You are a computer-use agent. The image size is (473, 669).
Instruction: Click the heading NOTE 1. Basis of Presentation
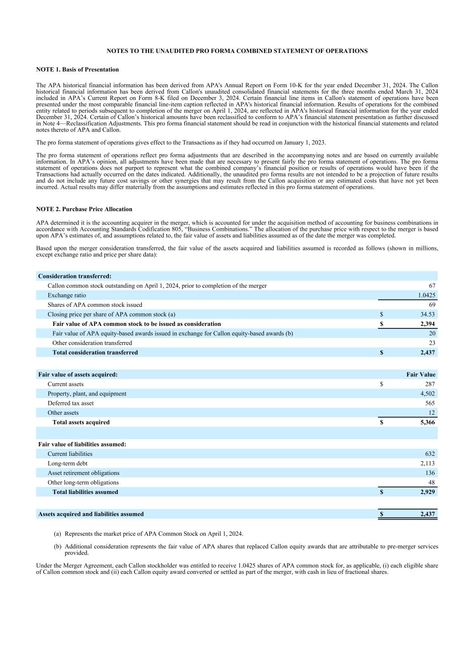[78, 70]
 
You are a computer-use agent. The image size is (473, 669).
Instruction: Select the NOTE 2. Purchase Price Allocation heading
[84, 209]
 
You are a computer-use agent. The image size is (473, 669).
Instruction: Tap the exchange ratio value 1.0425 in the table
[426, 296]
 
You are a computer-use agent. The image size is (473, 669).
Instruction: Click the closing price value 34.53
[427, 314]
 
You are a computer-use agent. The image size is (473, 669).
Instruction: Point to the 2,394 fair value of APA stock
[427, 324]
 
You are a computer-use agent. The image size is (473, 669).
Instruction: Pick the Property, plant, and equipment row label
[87, 394]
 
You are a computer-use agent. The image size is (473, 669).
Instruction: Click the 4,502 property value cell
[427, 394]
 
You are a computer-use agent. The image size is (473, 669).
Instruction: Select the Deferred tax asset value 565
[430, 403]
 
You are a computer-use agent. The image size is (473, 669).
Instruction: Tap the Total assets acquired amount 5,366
[427, 422]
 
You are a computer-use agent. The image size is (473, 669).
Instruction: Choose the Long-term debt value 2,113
[427, 463]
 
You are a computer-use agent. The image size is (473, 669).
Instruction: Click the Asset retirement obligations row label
[83, 473]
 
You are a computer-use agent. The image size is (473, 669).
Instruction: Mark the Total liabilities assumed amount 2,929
[427, 492]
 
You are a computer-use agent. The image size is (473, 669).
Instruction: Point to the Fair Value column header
[420, 374]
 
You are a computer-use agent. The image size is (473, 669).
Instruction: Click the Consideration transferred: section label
[75, 276]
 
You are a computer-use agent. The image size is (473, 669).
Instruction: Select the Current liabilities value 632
[430, 454]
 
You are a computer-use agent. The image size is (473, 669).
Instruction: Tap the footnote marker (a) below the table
[57, 534]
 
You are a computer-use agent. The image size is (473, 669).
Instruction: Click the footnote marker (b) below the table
[57, 546]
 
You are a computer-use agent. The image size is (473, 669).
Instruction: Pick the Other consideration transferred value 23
[432, 343]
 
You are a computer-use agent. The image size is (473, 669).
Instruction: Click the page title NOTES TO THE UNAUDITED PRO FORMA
[237, 51]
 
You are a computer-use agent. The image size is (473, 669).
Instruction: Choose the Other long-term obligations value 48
[432, 482]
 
